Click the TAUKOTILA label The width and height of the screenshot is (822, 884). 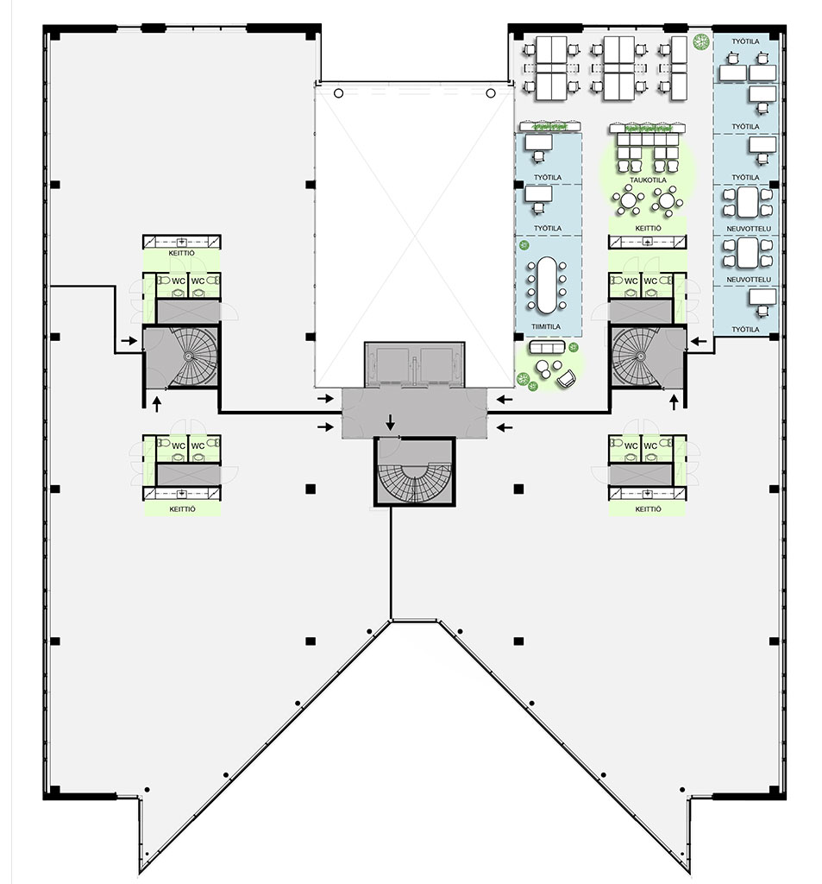(648, 180)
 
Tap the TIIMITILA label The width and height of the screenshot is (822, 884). (546, 326)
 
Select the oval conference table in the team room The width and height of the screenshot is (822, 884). (546, 285)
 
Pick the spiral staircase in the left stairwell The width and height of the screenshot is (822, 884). (191, 356)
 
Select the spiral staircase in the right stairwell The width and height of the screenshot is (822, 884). (637, 357)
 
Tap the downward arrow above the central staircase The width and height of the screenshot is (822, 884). (390, 421)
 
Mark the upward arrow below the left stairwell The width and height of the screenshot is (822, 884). (157, 404)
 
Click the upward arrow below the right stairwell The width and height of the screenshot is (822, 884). (674, 402)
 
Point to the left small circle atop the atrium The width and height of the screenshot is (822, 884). (338, 93)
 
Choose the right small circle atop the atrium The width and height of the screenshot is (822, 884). (490, 93)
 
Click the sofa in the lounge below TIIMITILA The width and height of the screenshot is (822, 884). (547, 347)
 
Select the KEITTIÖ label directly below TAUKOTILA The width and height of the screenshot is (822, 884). (648, 228)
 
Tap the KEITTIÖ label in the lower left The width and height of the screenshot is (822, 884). (182, 508)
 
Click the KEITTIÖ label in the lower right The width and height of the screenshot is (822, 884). (648, 508)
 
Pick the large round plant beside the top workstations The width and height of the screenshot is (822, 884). (701, 41)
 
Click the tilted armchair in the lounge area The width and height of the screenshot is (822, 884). (567, 378)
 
